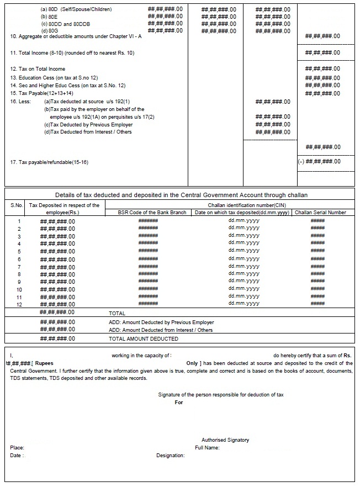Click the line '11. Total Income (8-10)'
(72, 53)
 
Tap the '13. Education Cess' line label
(54, 78)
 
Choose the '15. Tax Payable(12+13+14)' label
(42, 93)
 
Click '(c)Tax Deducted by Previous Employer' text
(88, 125)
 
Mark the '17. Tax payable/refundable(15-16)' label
(49, 162)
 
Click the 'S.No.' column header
(17, 205)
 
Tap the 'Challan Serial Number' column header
(320, 213)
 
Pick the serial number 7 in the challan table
(19, 267)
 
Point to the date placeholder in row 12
(243, 304)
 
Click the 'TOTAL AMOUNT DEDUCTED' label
(144, 339)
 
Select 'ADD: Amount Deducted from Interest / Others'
(161, 330)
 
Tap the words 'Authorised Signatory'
(225, 440)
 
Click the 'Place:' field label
(17, 448)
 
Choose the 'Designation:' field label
(170, 456)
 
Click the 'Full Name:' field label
(207, 448)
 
